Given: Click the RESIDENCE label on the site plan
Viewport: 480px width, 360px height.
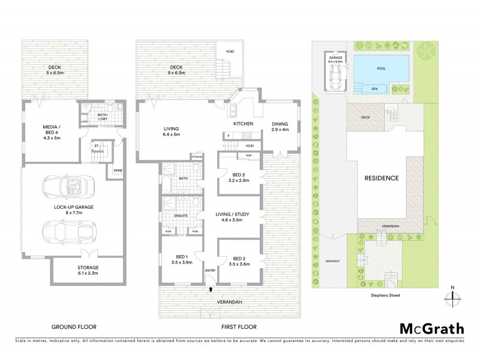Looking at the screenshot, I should click(x=382, y=179).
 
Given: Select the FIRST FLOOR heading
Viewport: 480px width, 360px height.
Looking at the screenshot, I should click(x=238, y=327).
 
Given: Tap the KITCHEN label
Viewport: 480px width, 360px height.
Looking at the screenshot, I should click(x=244, y=124).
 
